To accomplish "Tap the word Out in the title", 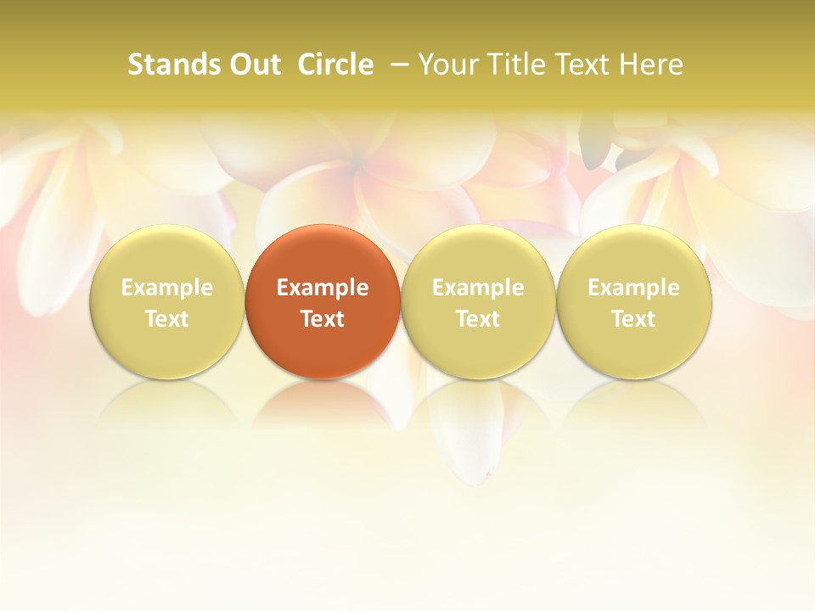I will click(x=253, y=64).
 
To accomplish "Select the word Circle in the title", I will click(x=335, y=64).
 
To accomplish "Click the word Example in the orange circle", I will click(x=323, y=288).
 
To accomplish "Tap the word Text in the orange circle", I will click(x=323, y=319).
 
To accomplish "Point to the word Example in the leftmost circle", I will click(x=166, y=288).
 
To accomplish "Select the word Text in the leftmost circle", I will click(x=166, y=319).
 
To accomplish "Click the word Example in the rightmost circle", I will click(x=634, y=288).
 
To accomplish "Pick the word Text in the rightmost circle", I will click(x=634, y=319).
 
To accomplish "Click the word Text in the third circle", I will click(x=478, y=319).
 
